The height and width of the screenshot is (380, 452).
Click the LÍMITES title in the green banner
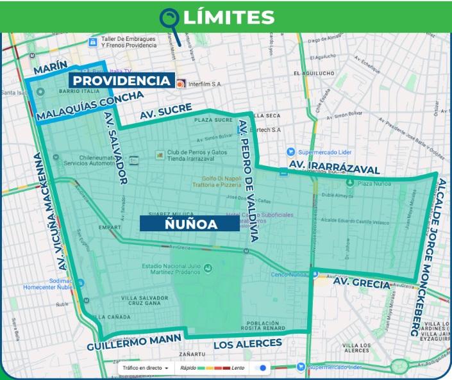[228, 17]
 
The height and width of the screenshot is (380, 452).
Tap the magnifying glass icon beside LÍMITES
[170, 18]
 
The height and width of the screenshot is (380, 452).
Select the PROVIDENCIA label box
[121, 81]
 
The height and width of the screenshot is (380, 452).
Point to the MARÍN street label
[50, 67]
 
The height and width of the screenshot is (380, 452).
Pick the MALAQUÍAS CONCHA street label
[90, 106]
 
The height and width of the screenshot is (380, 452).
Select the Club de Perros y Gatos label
[190, 156]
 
